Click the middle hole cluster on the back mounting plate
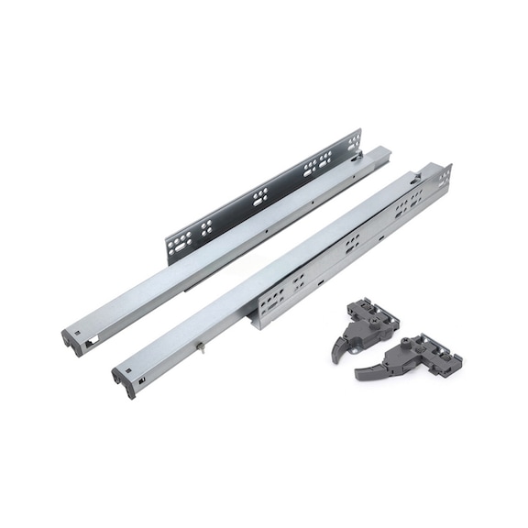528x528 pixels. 259,196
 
